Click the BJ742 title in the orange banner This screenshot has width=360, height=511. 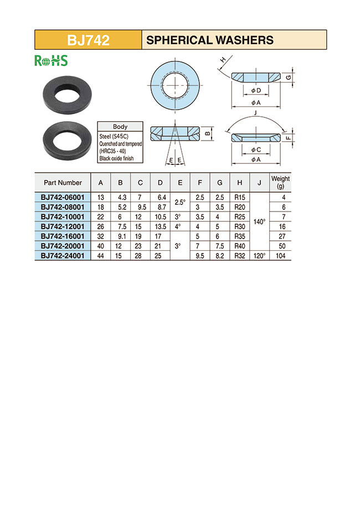pyautogui.click(x=88, y=40)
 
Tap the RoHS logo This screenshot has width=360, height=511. pyautogui.click(x=51, y=60)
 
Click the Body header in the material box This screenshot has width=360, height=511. pyautogui.click(x=120, y=126)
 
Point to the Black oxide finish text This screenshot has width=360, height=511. pyautogui.click(x=116, y=158)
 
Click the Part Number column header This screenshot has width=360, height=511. pyautogui.click(x=63, y=183)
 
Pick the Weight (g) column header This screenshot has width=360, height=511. pyautogui.click(x=280, y=183)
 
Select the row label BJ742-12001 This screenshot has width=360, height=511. pyautogui.click(x=63, y=226)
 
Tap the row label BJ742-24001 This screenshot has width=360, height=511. pyautogui.click(x=63, y=256)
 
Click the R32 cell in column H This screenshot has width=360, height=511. pyautogui.click(x=239, y=256)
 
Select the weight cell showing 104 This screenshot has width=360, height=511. pyautogui.click(x=280, y=256)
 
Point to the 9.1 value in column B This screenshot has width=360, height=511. pyautogui.click(x=120, y=236)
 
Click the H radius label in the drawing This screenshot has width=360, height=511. pyautogui.click(x=223, y=60)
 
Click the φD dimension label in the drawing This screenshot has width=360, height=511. pyautogui.click(x=256, y=90)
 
